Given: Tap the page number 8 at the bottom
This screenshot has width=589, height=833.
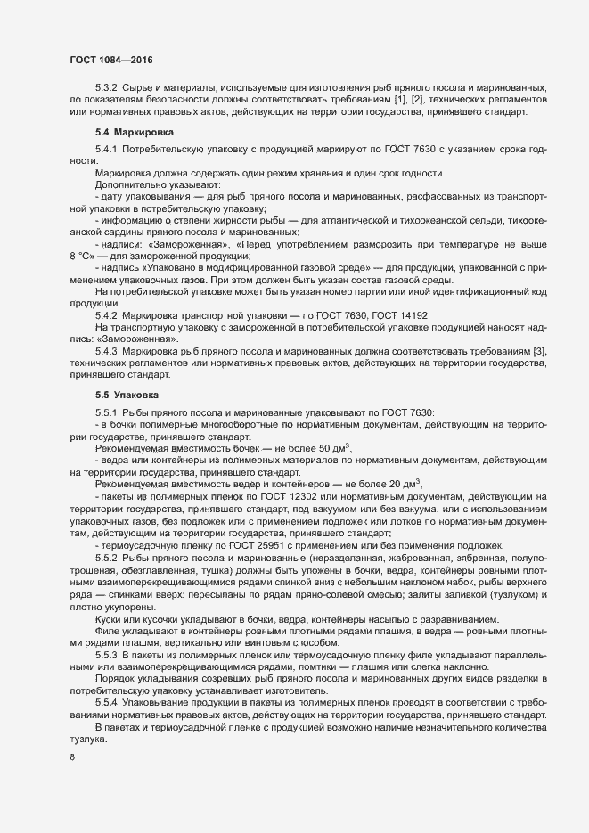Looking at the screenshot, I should (x=72, y=759).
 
